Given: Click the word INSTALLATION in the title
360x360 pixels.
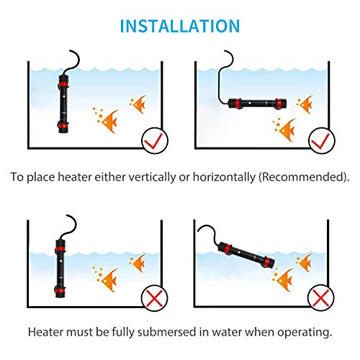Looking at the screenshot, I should (x=180, y=27).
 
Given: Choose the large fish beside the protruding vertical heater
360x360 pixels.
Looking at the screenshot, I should (x=109, y=277).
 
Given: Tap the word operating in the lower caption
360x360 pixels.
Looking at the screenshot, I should (x=305, y=332).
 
